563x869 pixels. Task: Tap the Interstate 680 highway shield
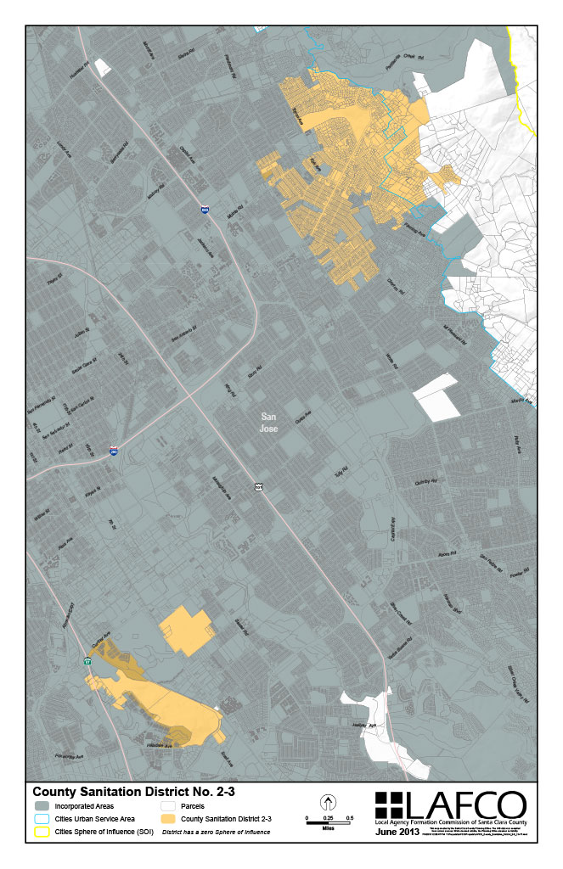(x=205, y=210)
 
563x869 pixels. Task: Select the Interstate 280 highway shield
(x=113, y=451)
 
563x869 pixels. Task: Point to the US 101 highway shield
(x=259, y=487)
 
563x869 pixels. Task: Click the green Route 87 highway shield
(x=87, y=660)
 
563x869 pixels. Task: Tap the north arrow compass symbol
(x=328, y=803)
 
